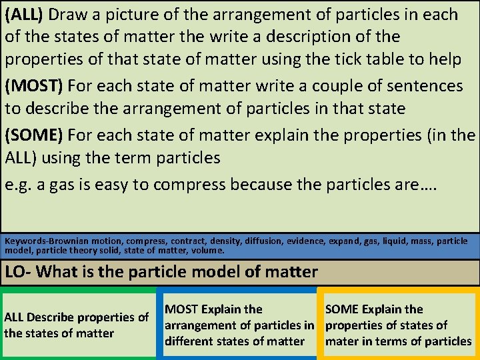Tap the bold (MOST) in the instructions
pyautogui.click(x=34, y=86)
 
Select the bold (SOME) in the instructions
pyautogui.click(x=34, y=136)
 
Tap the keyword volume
pyautogui.click(x=207, y=251)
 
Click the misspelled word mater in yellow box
pyautogui.click(x=342, y=341)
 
